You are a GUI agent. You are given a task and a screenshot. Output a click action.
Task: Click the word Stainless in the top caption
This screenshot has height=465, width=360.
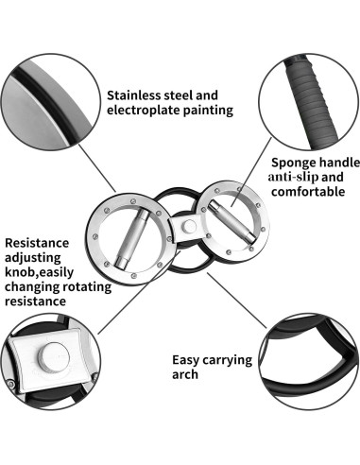pyautogui.click(x=138, y=95)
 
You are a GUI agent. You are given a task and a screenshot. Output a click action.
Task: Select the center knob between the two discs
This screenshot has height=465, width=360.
pyautogui.click(x=189, y=226)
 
